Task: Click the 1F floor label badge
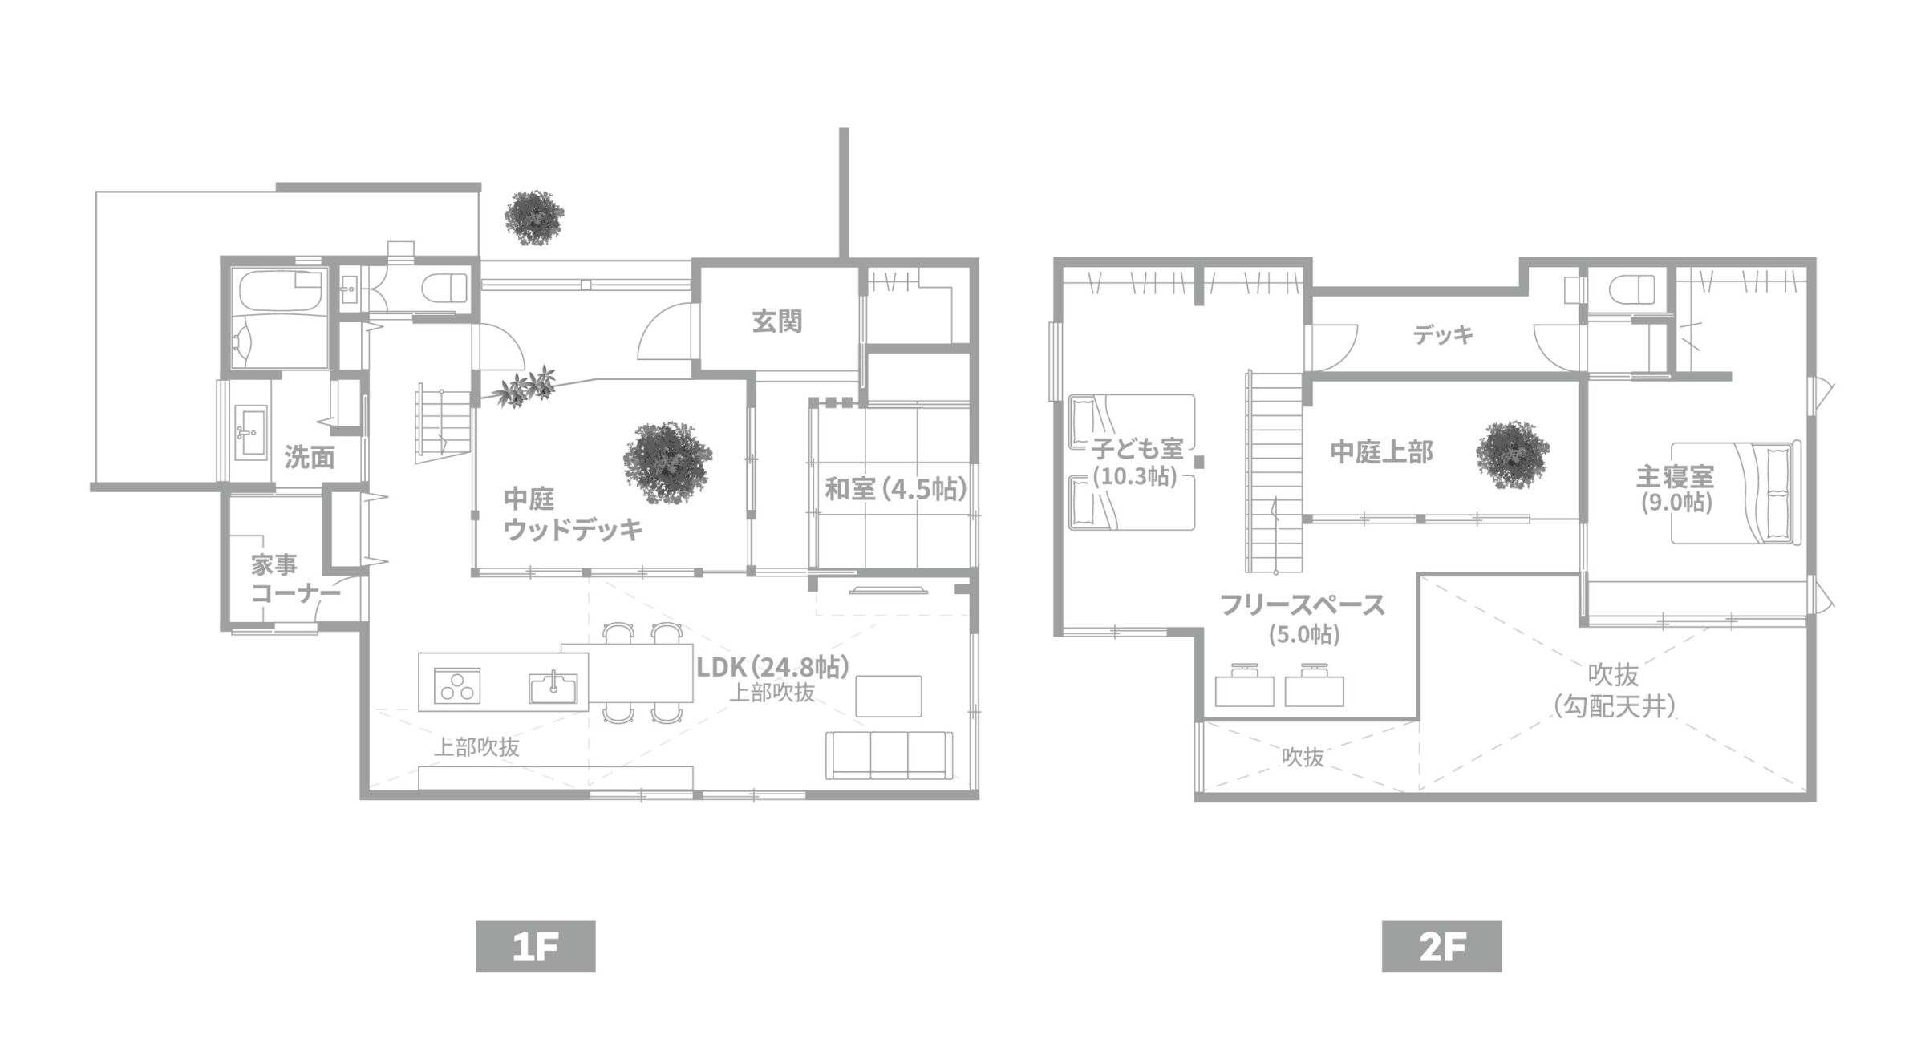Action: click(x=535, y=947)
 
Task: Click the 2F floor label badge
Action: click(x=1441, y=947)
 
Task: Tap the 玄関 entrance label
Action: click(x=776, y=321)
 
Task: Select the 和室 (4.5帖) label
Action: click(x=896, y=488)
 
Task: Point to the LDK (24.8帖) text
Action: click(x=772, y=667)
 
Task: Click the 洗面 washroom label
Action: click(x=310, y=458)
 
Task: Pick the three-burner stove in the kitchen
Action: click(x=457, y=686)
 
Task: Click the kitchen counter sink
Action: click(x=553, y=687)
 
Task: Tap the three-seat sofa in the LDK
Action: click(x=890, y=755)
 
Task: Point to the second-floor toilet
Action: click(x=1635, y=289)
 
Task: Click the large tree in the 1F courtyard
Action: click(x=668, y=463)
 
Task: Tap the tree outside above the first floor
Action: click(x=534, y=216)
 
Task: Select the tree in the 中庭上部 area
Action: click(x=1513, y=455)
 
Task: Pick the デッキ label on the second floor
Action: click(x=1444, y=334)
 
